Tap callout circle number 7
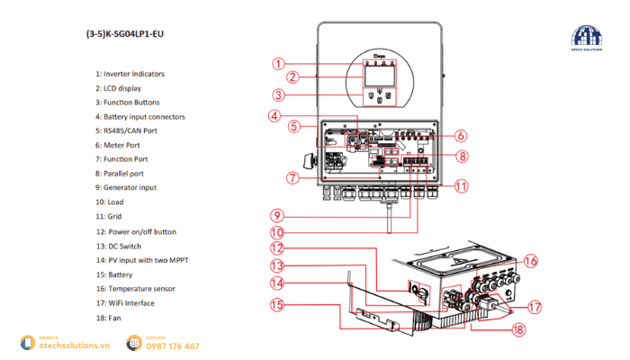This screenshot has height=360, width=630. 292,177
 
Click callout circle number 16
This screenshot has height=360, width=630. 531,260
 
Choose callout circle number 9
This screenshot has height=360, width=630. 279,215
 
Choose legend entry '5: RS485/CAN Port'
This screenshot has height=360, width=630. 132,131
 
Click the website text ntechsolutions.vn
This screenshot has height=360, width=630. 71,346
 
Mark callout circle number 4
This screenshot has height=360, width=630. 274,114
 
